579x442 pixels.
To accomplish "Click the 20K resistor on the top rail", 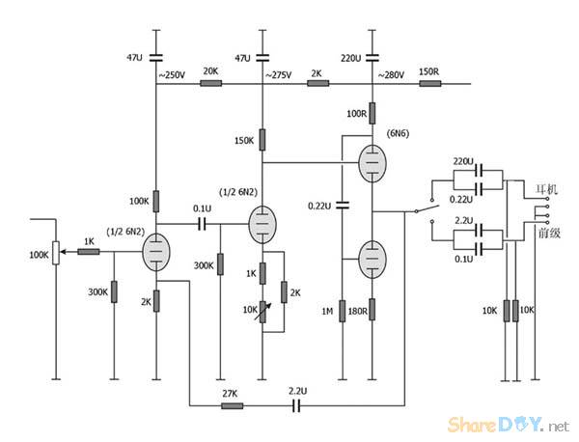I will [x=210, y=84].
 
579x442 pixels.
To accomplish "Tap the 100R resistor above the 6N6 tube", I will [x=372, y=114].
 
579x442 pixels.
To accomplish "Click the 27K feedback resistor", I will [x=233, y=406].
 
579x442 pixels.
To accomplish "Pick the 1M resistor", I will [x=343, y=311].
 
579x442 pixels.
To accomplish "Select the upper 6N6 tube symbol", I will [x=372, y=163].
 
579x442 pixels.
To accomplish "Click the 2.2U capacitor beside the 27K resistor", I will [x=298, y=406].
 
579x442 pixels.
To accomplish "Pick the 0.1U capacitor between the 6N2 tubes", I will [x=203, y=224].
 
